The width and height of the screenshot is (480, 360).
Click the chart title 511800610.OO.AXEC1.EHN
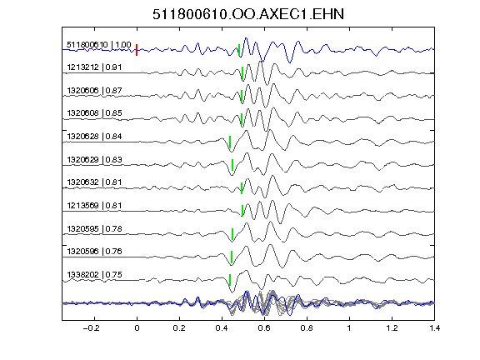(x=248, y=14)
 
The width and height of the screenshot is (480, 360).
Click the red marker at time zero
(x=137, y=50)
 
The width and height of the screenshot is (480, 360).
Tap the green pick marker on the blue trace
(x=239, y=50)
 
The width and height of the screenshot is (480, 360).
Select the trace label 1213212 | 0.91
(x=94, y=67)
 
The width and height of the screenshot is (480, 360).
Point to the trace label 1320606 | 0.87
(x=94, y=91)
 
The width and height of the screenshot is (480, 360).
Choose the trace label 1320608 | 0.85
(x=94, y=113)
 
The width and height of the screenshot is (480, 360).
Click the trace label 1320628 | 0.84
(x=94, y=137)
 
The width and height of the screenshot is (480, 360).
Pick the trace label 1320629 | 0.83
(x=94, y=160)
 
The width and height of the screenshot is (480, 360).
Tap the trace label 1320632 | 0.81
(x=94, y=182)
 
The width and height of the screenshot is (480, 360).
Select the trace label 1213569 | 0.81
(x=94, y=206)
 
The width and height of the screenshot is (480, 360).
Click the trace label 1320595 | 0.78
(x=94, y=229)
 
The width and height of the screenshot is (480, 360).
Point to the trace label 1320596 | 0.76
(x=94, y=252)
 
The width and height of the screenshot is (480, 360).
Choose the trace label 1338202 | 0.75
(x=94, y=275)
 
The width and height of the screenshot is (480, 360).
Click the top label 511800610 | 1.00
(x=99, y=45)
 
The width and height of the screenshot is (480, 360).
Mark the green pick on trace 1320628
(x=230, y=142)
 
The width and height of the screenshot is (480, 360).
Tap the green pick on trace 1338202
(x=230, y=280)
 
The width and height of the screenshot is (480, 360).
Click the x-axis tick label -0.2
(x=91, y=328)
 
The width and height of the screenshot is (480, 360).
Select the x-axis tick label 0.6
(x=264, y=328)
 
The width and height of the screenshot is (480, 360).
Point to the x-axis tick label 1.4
(x=434, y=328)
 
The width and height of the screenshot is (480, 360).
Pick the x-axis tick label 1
(x=349, y=328)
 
